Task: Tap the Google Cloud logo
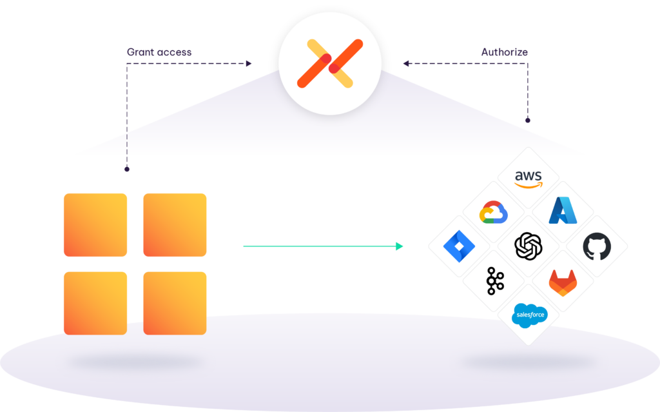[x=493, y=212]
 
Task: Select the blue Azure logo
[x=563, y=210]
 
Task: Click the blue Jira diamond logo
[x=459, y=246]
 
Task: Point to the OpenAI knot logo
[x=529, y=246]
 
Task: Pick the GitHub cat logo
[x=597, y=246]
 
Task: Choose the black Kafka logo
[x=494, y=280]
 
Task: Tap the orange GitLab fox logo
[x=563, y=282]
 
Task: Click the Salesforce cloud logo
[x=530, y=315]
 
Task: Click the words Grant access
[x=159, y=52]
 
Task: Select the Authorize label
[x=504, y=52]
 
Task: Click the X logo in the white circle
[x=330, y=63]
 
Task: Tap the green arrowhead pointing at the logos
[x=400, y=246]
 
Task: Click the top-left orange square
[x=95, y=225]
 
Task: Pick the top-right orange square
[x=175, y=225]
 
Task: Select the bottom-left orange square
[x=95, y=303]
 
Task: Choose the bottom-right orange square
[x=175, y=303]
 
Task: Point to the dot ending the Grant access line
[x=127, y=170]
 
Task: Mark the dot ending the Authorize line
[x=527, y=121]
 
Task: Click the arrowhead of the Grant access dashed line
[x=249, y=64]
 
